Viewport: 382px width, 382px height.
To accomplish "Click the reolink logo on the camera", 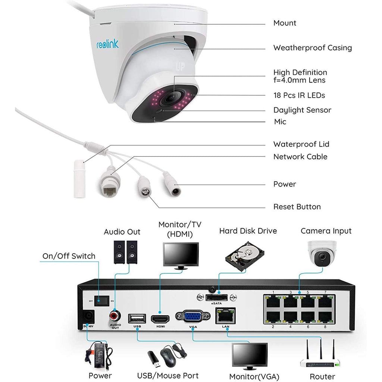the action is click(x=108, y=44).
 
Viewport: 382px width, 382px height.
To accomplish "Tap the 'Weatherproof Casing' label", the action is click(x=313, y=48).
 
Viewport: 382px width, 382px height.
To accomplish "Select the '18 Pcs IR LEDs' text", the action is click(x=299, y=95).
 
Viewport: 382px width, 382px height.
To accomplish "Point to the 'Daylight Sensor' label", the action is click(x=302, y=110).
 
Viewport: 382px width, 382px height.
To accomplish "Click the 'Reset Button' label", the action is click(x=297, y=207).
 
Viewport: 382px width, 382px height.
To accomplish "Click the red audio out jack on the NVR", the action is click(x=115, y=316).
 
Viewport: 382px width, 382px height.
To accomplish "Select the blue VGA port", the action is click(x=193, y=317).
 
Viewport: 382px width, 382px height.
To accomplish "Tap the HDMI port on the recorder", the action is click(x=160, y=319).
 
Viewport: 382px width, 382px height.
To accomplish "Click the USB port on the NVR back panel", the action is click(x=137, y=319).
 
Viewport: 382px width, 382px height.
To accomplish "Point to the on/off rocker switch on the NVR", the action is click(x=101, y=301).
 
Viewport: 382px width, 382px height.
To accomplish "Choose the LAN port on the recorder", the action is click(x=225, y=316).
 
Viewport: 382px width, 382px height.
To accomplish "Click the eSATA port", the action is click(x=217, y=297).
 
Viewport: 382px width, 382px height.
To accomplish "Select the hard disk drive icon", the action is click(x=245, y=256).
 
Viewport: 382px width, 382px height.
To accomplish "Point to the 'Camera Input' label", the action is click(x=326, y=231).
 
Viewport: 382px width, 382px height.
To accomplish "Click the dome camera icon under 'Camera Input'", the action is click(x=322, y=254).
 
